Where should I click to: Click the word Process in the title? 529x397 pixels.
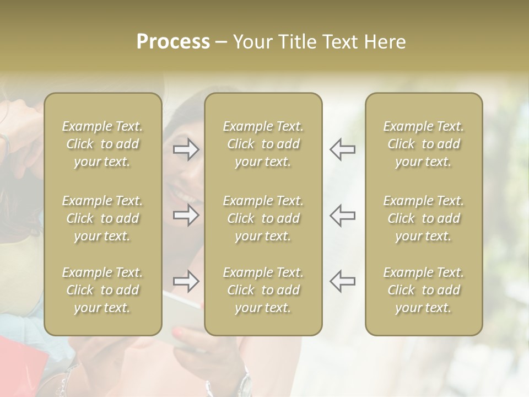click(173, 42)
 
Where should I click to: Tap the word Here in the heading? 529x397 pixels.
click(386, 42)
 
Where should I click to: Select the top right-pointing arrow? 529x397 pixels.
click(186, 149)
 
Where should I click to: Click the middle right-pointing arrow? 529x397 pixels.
click(186, 215)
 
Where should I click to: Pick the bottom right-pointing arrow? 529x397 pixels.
click(186, 281)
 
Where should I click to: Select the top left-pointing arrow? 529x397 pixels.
click(342, 149)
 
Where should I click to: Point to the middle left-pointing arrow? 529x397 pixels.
click(342, 215)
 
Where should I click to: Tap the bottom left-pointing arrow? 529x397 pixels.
click(342, 281)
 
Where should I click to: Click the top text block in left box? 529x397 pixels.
click(102, 144)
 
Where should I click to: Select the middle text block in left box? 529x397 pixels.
click(102, 218)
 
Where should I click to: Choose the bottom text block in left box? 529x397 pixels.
click(102, 290)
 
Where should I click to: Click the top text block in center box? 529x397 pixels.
click(263, 144)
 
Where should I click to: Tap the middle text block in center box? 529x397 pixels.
click(263, 218)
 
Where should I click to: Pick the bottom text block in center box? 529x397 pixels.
click(263, 290)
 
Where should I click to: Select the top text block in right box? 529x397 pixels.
click(424, 144)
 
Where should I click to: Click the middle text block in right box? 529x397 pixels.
click(424, 218)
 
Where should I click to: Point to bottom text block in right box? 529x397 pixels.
click(424, 290)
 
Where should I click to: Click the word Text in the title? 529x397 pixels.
click(342, 42)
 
